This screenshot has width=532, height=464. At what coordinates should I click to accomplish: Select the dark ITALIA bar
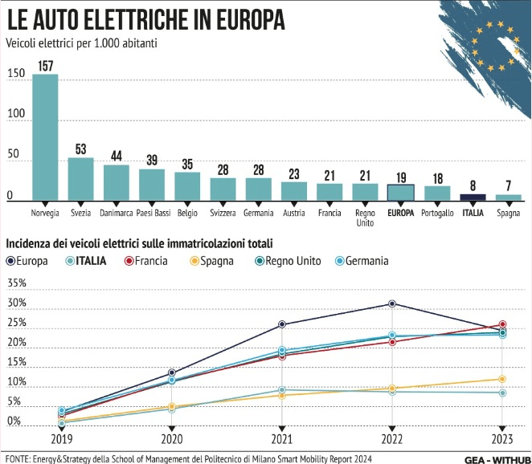pyautogui.click(x=473, y=197)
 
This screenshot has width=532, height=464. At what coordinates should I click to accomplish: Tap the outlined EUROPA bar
pyautogui.click(x=400, y=192)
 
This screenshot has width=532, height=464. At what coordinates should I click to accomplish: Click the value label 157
pyautogui.click(x=45, y=66)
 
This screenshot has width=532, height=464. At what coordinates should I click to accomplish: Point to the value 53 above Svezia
pyautogui.click(x=80, y=149)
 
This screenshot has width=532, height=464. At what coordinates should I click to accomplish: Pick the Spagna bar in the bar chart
pyautogui.click(x=508, y=197)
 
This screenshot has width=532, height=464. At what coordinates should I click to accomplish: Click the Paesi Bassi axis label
pyautogui.click(x=151, y=214)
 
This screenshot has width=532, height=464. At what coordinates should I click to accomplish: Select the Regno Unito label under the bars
pyautogui.click(x=365, y=218)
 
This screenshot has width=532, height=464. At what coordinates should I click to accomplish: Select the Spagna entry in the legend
pyautogui.click(x=218, y=260)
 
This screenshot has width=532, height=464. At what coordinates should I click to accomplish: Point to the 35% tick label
pyautogui.click(x=16, y=283)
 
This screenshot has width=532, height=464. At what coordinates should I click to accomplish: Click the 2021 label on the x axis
pyautogui.click(x=281, y=439)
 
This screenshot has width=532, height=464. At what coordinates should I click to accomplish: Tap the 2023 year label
pyautogui.click(x=502, y=439)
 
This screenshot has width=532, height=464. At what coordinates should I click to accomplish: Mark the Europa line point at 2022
pyautogui.click(x=392, y=303)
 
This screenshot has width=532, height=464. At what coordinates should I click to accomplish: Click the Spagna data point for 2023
pyautogui.click(x=502, y=379)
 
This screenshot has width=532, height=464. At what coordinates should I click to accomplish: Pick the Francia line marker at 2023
pyautogui.click(x=502, y=324)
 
